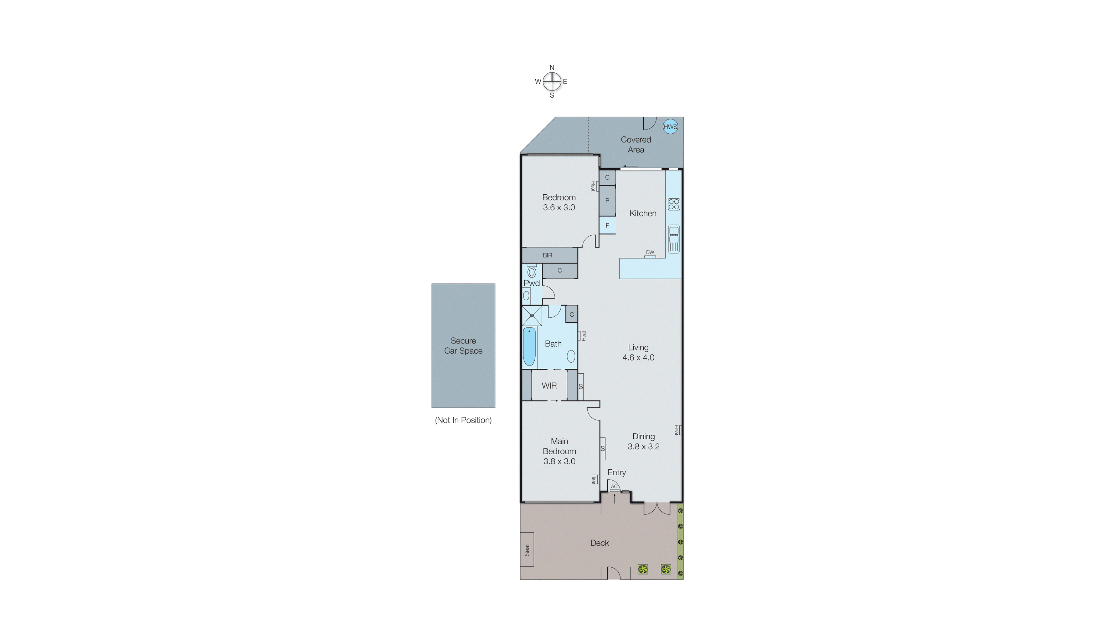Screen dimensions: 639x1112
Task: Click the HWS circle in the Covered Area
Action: click(x=670, y=127)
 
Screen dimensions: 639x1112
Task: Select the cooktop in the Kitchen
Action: click(x=674, y=204)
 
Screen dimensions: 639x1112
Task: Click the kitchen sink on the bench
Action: click(x=674, y=239)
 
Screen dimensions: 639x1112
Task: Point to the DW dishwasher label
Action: click(x=650, y=252)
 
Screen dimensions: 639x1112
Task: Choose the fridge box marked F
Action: click(x=607, y=226)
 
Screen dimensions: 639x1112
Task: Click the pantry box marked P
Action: click(x=607, y=200)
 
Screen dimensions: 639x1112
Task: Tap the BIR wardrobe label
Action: click(x=547, y=255)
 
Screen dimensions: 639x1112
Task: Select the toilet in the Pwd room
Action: click(x=532, y=271)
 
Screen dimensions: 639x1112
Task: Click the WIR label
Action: click(x=549, y=386)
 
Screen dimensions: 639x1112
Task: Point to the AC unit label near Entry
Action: click(x=614, y=487)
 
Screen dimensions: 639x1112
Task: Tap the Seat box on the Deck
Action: click(x=527, y=549)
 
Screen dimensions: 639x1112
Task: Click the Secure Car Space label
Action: click(x=463, y=346)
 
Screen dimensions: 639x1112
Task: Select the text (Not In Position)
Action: click(x=463, y=420)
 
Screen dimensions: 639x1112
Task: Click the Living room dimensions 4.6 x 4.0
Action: click(x=638, y=358)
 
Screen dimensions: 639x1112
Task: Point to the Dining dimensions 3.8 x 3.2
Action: click(x=644, y=447)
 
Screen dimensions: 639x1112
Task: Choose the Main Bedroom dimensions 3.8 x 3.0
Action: click(x=559, y=461)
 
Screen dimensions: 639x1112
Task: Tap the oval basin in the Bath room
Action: click(x=571, y=356)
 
